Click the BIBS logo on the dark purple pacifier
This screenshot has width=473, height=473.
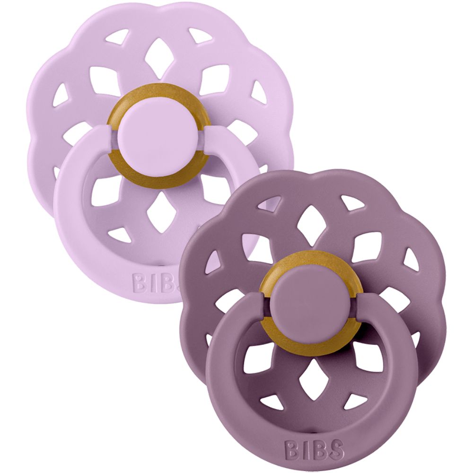click(x=314, y=447)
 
